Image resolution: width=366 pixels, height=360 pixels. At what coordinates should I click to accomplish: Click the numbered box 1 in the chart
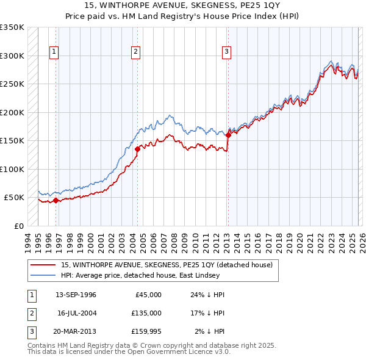pos(54,52)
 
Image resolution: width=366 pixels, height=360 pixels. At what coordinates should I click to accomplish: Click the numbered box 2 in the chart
pos(135,52)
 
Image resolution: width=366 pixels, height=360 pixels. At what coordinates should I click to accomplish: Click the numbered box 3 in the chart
pos(226,52)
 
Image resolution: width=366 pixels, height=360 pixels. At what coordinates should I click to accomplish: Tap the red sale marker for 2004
pos(137,148)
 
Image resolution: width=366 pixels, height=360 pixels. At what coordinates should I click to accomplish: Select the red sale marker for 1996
pos(56,200)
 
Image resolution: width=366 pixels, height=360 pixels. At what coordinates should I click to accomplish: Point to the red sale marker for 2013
pos(228,135)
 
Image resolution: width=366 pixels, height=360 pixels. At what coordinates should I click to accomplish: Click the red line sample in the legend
pos(43,265)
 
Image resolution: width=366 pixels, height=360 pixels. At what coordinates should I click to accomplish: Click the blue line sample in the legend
pos(43,275)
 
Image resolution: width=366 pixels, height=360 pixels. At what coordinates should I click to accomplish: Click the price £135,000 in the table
pos(146,313)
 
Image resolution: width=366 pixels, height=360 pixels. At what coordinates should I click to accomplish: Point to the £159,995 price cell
pos(146,331)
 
